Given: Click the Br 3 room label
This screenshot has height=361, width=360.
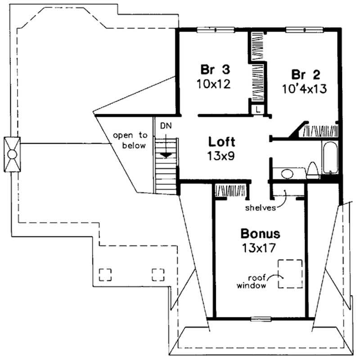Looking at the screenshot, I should (215, 70).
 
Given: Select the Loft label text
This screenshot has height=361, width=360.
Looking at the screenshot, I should (221, 143).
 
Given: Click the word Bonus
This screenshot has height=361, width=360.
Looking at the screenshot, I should (260, 234).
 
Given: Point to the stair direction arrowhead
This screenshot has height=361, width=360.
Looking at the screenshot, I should (166, 155).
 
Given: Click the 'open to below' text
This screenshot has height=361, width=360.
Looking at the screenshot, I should (129, 140).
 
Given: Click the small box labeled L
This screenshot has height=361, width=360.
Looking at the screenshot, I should (257, 109).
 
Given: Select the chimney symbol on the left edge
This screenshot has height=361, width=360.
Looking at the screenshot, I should (12, 154).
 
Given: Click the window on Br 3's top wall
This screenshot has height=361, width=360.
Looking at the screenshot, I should (216, 30).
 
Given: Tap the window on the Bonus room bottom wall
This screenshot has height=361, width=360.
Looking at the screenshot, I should (261, 319).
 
